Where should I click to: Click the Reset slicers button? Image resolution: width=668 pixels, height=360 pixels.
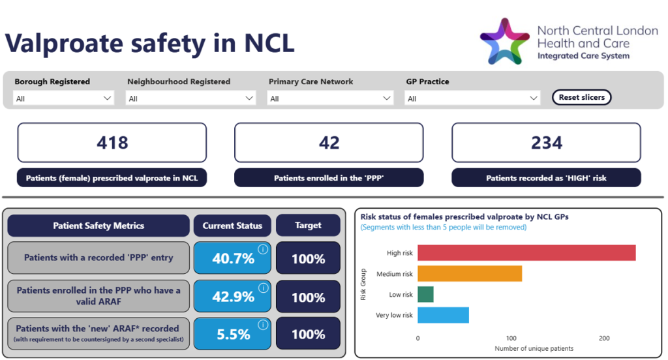[x=581, y=97]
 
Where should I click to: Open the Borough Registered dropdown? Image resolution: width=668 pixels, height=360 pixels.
[x=64, y=98]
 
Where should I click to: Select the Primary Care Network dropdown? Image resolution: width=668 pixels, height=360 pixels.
[x=331, y=98]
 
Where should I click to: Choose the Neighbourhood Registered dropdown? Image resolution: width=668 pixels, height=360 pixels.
[x=191, y=98]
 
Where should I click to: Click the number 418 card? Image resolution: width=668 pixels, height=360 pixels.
[x=112, y=143]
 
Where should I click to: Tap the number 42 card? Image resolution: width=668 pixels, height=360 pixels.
[x=329, y=143]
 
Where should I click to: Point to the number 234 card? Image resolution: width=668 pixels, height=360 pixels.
[x=546, y=143]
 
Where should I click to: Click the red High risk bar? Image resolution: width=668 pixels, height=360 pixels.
[x=526, y=253]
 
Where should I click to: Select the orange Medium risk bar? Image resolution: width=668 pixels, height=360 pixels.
[x=470, y=274]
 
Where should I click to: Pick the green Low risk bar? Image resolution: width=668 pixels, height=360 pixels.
[x=425, y=295]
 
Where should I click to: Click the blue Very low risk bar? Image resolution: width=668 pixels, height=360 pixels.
[x=443, y=316]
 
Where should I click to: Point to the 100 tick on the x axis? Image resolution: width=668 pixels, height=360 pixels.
[x=511, y=338]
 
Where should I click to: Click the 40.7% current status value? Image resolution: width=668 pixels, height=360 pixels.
[x=233, y=259]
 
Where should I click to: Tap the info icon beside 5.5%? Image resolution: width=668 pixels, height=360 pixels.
[x=263, y=325]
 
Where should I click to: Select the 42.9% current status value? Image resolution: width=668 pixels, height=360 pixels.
[x=233, y=297]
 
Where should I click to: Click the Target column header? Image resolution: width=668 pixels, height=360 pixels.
[x=308, y=226]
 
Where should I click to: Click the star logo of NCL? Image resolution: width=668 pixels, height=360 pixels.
[x=504, y=41]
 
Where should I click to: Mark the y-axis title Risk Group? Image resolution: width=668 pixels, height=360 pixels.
[x=363, y=284]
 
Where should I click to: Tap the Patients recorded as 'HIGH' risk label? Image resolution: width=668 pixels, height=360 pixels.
[x=546, y=178]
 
